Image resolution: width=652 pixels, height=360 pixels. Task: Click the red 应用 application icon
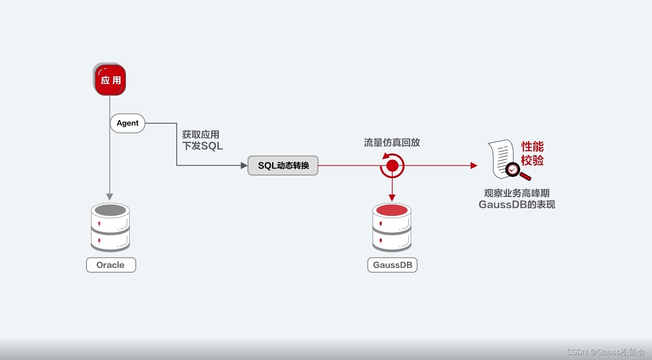[110, 80]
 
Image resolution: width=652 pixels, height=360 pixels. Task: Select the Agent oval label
[127, 123]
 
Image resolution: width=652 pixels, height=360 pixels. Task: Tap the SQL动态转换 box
[283, 165]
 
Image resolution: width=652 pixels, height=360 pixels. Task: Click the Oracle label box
[111, 265]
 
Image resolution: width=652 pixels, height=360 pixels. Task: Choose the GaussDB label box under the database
[392, 265]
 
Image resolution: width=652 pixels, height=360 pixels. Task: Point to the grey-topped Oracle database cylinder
[110, 227]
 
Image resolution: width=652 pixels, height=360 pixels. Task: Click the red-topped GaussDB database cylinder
[392, 227]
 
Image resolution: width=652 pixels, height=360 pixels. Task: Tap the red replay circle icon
[392, 165]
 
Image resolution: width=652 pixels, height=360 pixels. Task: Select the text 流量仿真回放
[392, 143]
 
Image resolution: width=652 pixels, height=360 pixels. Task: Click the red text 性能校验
[532, 154]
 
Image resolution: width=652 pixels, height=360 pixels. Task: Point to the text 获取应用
[201, 135]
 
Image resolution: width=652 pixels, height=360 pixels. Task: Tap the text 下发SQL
[202, 146]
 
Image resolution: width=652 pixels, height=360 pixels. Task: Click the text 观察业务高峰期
[517, 193]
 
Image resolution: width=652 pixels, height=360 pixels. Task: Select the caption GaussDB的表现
[517, 205]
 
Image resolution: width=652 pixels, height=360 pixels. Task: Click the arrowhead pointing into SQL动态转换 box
[244, 165]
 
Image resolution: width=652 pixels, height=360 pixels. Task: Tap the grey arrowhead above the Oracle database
[110, 197]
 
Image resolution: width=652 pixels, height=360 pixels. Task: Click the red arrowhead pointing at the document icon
[474, 165]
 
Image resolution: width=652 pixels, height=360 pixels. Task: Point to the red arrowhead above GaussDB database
[392, 198]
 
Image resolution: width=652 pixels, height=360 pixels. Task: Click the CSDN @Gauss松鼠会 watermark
[606, 352]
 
